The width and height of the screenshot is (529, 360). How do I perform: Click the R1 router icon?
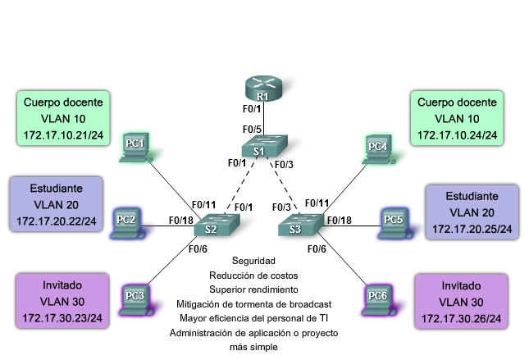263,89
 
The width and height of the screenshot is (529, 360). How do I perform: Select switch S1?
264,146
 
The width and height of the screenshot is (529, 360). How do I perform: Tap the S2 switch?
217,225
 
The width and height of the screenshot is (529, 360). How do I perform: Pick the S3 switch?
301,225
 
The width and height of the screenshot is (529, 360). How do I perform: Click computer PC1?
136,148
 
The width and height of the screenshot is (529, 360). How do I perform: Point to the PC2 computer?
127,224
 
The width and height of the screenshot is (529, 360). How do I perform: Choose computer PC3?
136,300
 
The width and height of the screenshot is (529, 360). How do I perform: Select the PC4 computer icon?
379,150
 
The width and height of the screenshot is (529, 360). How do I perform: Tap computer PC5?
394,224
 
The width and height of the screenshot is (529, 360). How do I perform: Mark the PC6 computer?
379,300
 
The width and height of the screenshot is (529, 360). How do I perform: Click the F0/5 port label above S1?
252,130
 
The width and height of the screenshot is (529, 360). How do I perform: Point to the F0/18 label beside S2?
180,221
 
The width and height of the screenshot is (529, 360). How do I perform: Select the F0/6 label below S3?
317,249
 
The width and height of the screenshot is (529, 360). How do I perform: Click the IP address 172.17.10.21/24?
63,135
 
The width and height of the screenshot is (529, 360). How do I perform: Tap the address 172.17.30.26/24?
461,318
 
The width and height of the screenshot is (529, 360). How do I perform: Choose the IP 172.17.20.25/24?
472,229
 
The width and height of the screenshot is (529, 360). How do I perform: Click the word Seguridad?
253,261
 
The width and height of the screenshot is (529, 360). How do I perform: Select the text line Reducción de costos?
253,276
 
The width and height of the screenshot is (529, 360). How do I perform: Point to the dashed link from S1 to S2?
239,185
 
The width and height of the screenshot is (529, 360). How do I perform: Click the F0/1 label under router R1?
252,108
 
